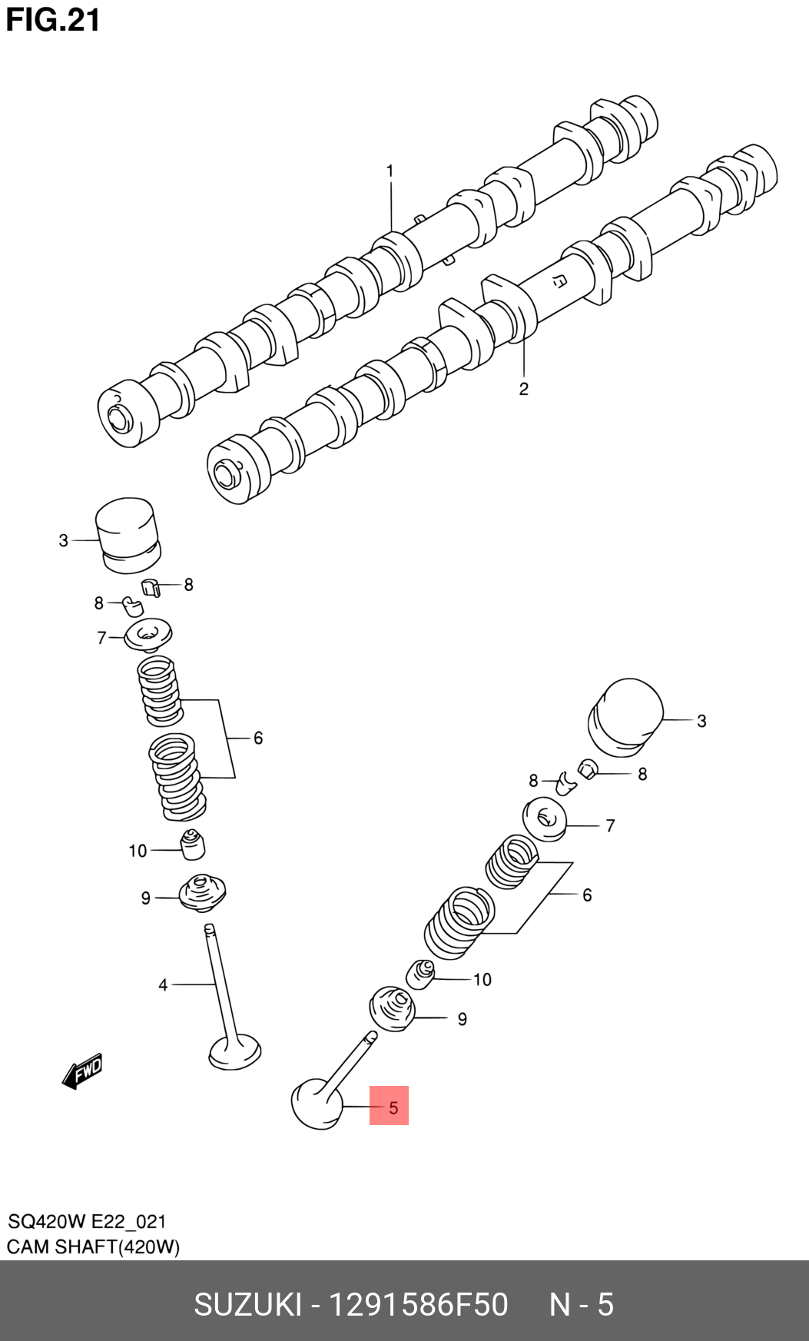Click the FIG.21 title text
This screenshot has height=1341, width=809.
53,20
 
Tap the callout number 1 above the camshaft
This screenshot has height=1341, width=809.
390,171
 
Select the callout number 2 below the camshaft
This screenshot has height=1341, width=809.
523,389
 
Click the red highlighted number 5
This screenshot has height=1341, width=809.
389,1106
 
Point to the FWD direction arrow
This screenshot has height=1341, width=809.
83,1070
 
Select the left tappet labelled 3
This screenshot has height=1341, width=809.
128,534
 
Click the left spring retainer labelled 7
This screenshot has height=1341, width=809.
148,636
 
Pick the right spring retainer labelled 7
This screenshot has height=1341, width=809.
545,819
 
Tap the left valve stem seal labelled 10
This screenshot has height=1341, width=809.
192,844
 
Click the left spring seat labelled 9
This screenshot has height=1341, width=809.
202,894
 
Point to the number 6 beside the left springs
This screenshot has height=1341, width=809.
258,738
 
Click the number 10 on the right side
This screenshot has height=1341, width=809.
482,979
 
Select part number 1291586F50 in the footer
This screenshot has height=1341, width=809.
418,1305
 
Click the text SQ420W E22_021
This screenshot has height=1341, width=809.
86,1222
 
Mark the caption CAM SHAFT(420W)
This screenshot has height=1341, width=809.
93,1246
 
